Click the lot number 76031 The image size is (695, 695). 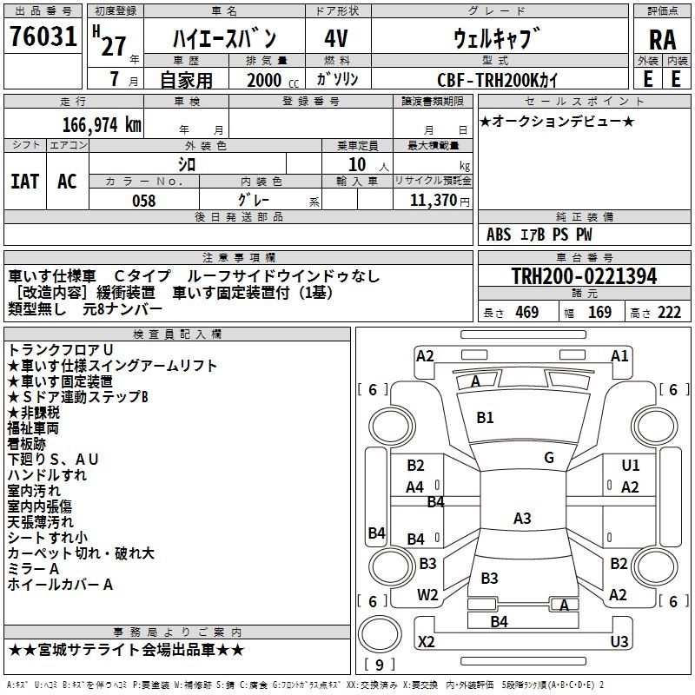(43, 37)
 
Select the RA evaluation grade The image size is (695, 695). (662, 39)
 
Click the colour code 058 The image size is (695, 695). (143, 201)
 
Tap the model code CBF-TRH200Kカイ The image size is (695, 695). (499, 80)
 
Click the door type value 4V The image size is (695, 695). (336, 39)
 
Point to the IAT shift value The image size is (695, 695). (24, 181)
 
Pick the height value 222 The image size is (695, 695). (668, 313)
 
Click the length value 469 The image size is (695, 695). (526, 313)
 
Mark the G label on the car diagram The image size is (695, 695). (549, 458)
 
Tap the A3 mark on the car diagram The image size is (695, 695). (522, 519)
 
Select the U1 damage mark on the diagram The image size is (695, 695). (631, 466)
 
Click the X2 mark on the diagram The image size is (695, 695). (426, 642)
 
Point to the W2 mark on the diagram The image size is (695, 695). (427, 595)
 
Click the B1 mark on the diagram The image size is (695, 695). (485, 417)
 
